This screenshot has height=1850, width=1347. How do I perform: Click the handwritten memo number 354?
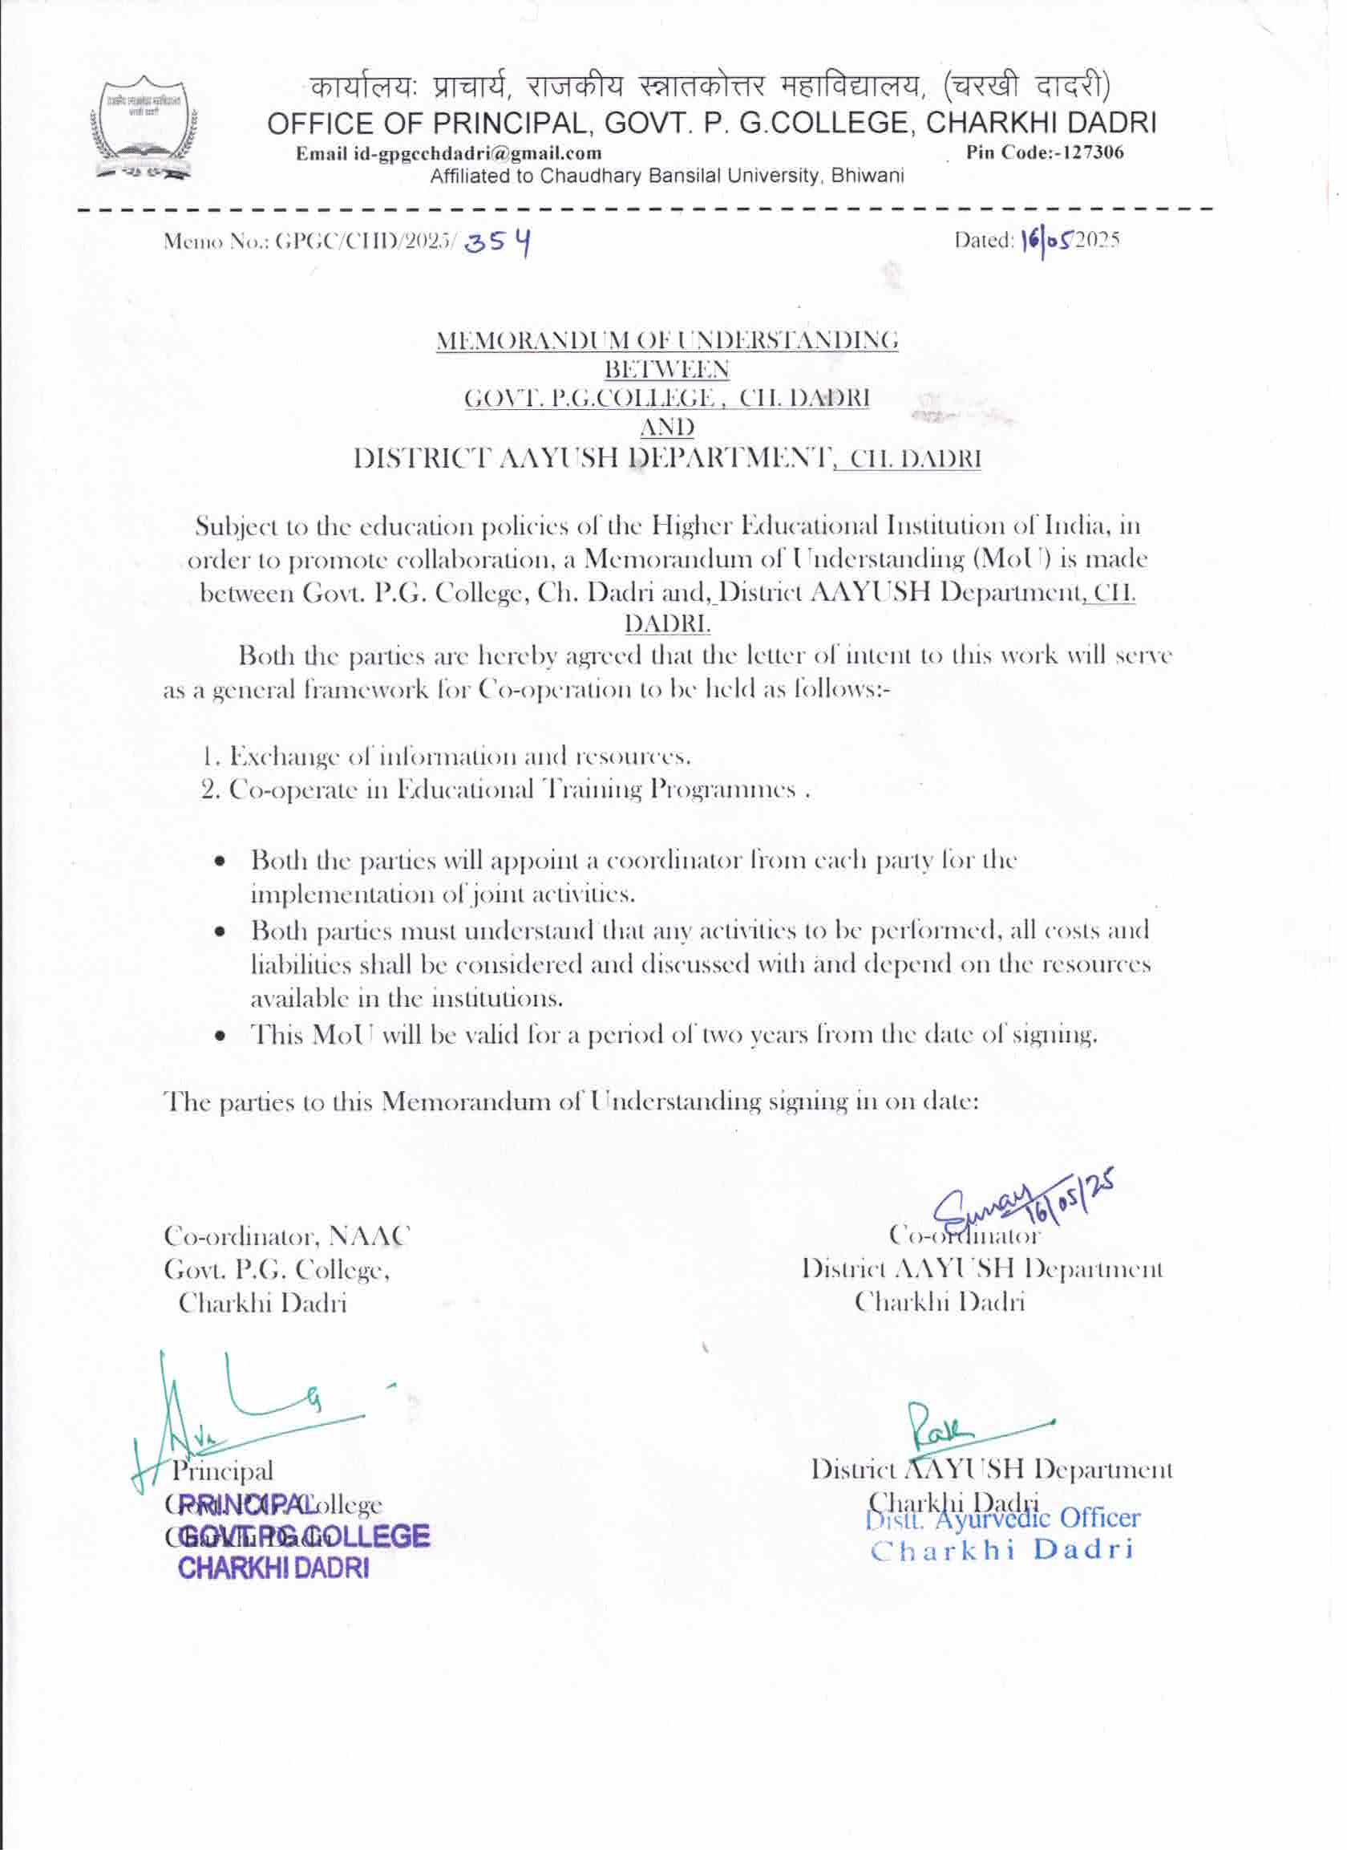(x=498, y=241)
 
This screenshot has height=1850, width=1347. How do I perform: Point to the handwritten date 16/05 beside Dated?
(x=1047, y=240)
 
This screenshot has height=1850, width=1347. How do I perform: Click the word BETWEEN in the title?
(x=666, y=370)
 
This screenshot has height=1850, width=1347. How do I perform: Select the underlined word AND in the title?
(x=666, y=428)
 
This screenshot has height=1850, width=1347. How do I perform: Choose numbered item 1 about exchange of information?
(x=447, y=757)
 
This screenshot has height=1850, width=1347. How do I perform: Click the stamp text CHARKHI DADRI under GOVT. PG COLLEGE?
(x=273, y=1568)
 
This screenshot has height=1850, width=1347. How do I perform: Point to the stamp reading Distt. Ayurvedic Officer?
(x=1002, y=1519)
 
